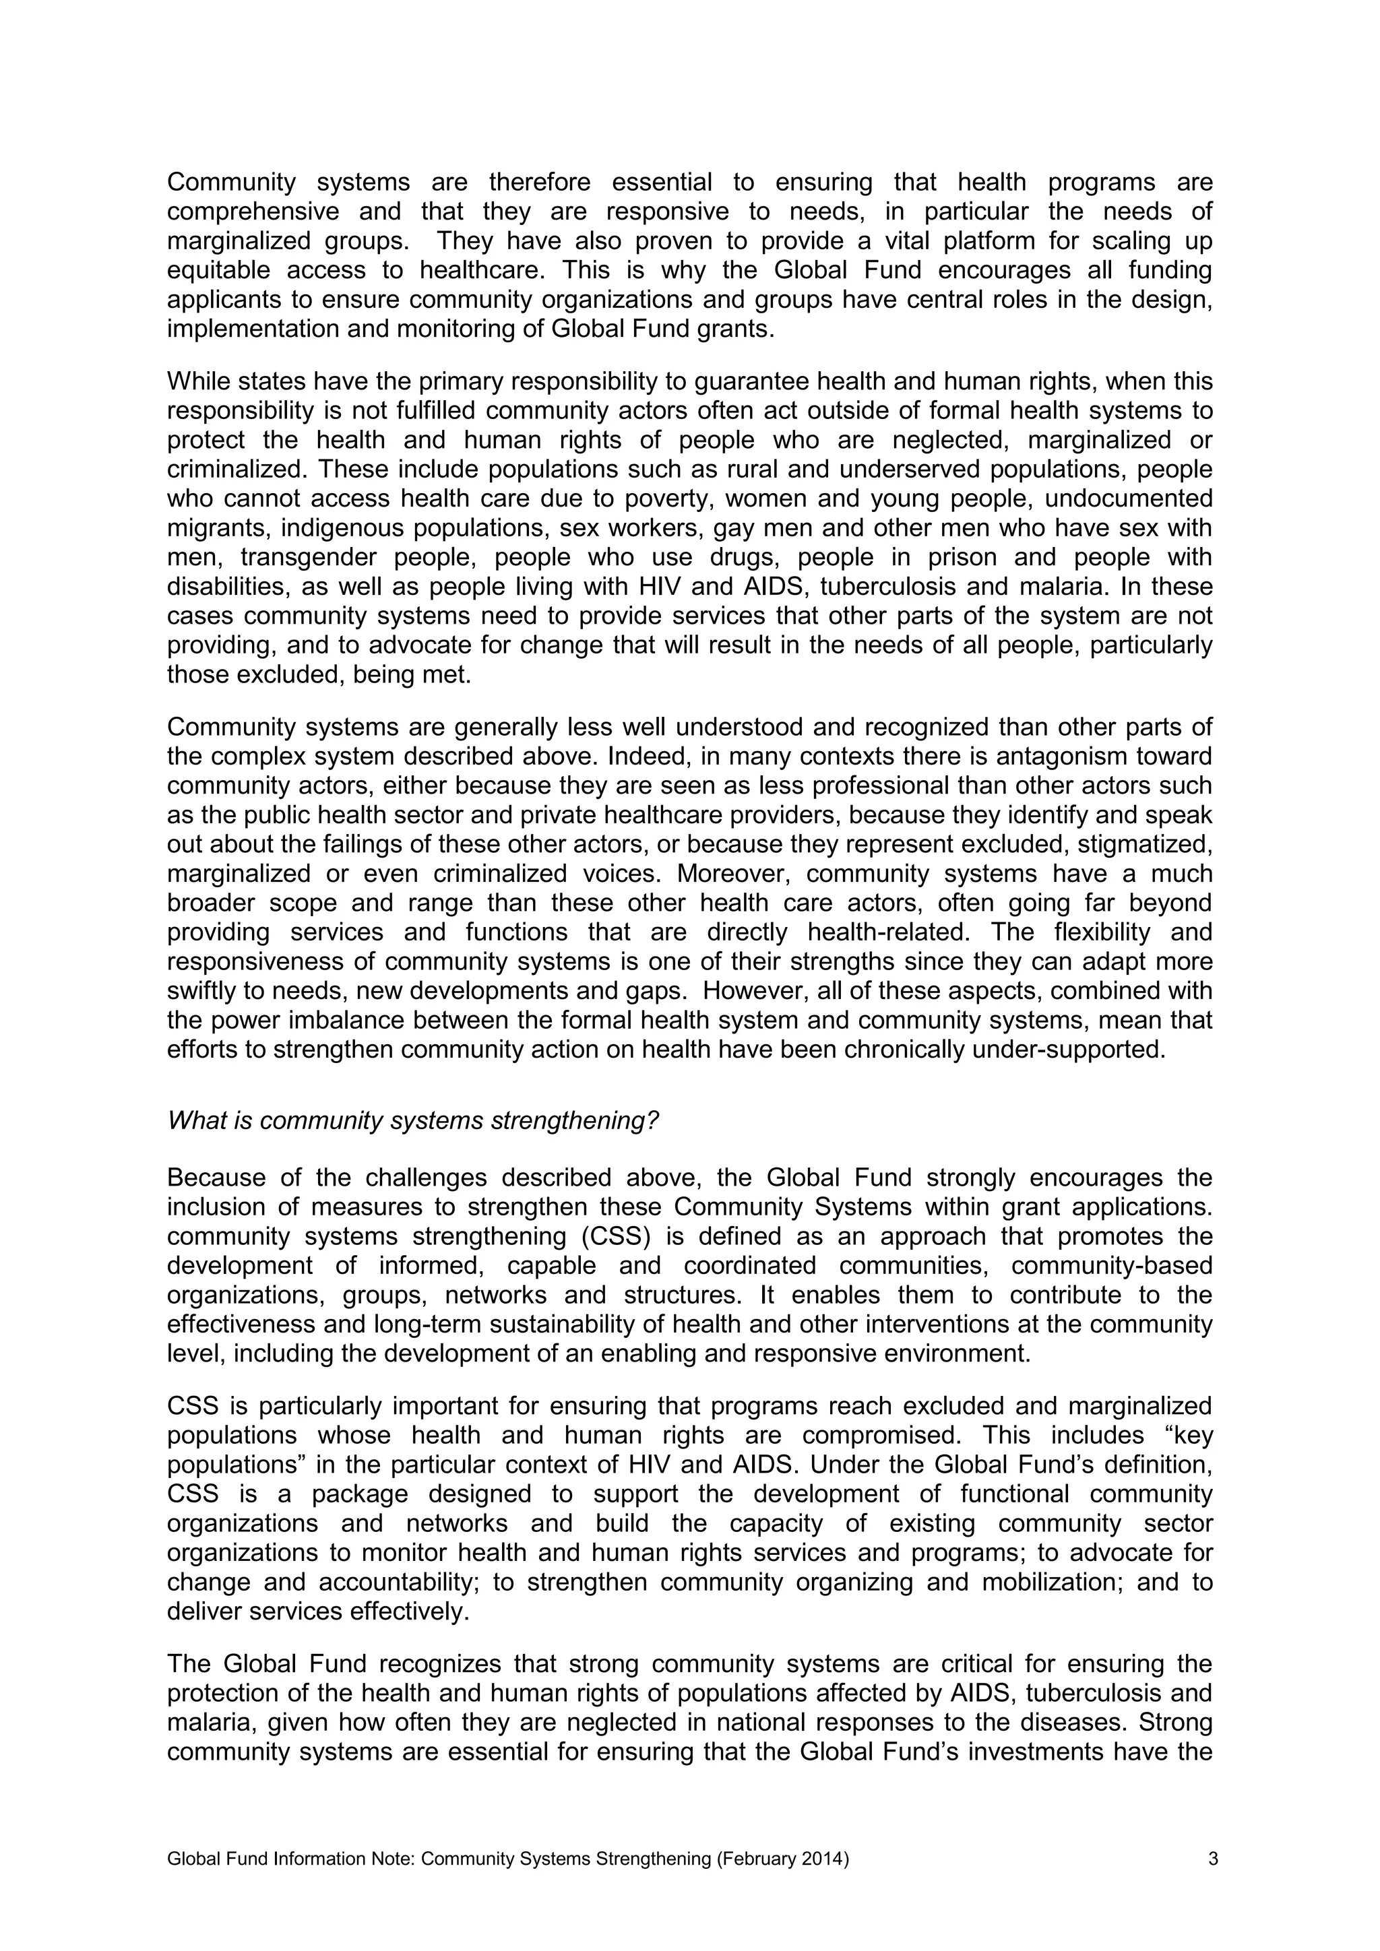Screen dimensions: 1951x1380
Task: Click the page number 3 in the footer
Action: pos(1213,1859)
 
